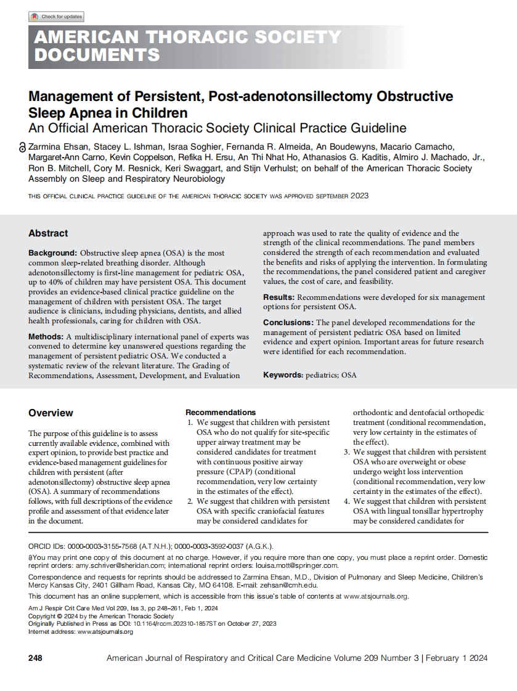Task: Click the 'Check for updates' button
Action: [56, 17]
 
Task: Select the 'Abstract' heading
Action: [48, 233]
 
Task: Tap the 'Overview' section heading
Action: [51, 413]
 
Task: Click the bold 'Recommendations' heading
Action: [221, 412]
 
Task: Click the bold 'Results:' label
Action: [279, 297]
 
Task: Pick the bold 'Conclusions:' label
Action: [288, 323]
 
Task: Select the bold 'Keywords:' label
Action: [283, 374]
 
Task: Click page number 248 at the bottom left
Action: [36, 658]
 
